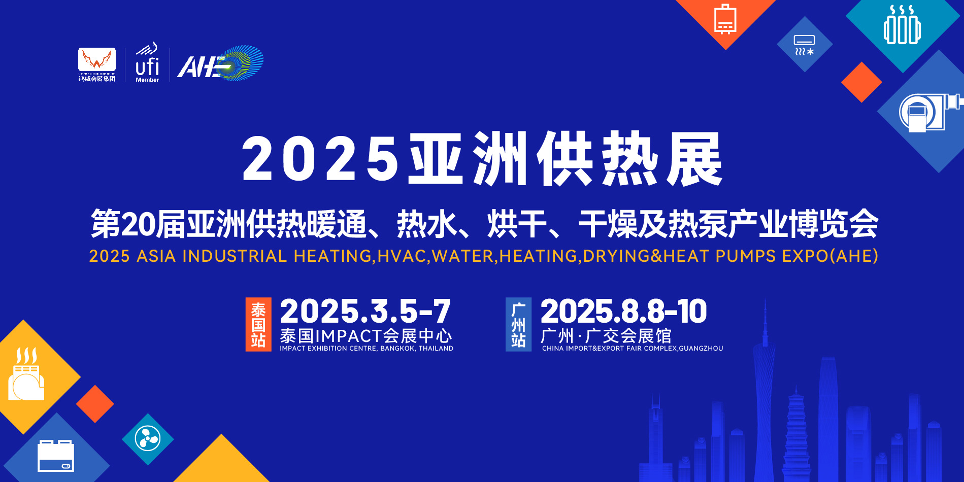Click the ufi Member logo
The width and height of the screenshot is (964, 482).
pyautogui.click(x=147, y=63)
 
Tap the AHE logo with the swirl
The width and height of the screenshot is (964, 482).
pyautogui.click(x=220, y=63)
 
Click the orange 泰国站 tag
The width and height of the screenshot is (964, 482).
pyautogui.click(x=258, y=324)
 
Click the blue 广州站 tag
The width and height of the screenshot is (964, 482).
pyautogui.click(x=518, y=324)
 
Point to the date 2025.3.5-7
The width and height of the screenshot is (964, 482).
pyautogui.click(x=365, y=311)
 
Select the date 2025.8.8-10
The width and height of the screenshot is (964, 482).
pyautogui.click(x=623, y=311)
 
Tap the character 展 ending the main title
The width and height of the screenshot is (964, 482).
pyautogui.click(x=694, y=159)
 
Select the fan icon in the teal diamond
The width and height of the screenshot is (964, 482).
pyautogui.click(x=148, y=439)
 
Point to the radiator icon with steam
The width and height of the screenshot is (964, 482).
pyautogui.click(x=902, y=25)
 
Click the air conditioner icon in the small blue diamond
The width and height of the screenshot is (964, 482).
pyautogui.click(x=805, y=45)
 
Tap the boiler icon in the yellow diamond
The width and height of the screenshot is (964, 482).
pyautogui.click(x=26, y=374)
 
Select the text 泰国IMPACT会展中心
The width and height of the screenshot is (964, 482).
pyautogui.click(x=365, y=336)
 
